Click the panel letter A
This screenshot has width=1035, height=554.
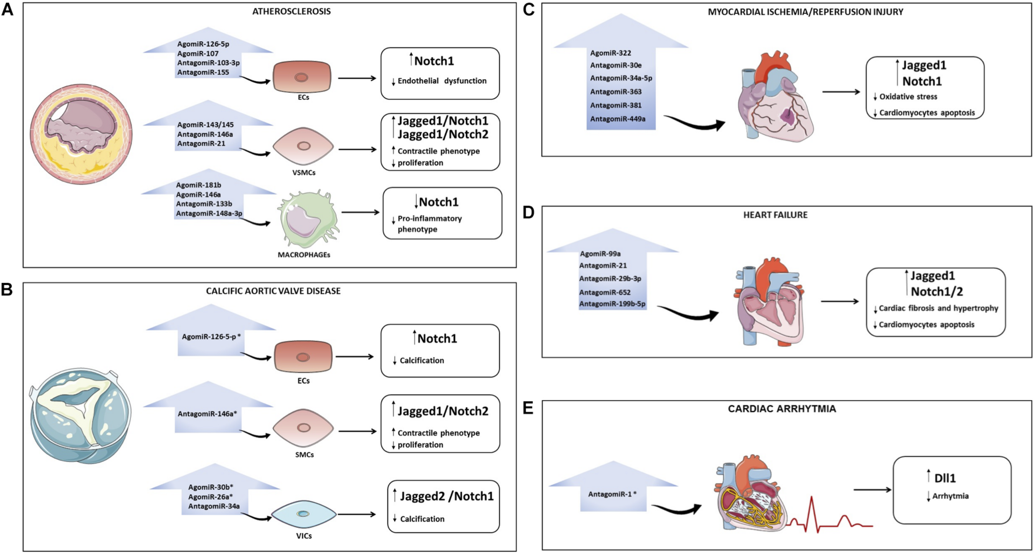pos(7,9)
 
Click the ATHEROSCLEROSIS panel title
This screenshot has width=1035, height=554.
pos(291,12)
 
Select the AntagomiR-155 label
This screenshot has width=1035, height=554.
pos(203,72)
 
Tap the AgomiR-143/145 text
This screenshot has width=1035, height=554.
pos(205,125)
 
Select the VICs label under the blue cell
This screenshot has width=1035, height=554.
pos(304,536)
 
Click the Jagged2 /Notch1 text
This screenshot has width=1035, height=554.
pos(446,496)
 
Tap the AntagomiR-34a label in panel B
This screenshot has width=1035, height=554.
pos(214,506)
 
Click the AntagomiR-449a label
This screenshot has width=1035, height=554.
pos(617,119)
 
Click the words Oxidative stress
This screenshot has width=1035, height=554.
pos(908,97)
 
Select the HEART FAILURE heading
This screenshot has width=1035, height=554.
pos(775,215)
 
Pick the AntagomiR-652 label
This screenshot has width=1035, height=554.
pos(604,293)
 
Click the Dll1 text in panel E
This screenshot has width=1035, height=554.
pos(945,478)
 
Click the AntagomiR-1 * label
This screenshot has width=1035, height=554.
pos(612,494)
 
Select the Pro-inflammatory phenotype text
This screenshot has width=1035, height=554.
pos(429,224)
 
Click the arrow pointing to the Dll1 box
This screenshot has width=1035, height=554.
pos(872,490)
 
